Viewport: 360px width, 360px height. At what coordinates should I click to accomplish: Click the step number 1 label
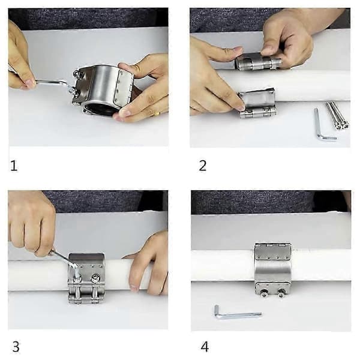(x=14, y=166)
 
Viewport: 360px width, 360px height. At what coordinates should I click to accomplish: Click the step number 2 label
(x=203, y=166)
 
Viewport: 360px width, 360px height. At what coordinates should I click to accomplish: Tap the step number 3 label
(x=16, y=347)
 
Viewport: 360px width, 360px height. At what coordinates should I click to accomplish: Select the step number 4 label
(x=205, y=347)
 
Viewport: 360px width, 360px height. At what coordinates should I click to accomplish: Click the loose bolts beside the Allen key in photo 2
(x=337, y=115)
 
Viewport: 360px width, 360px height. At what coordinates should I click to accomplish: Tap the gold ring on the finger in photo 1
(x=157, y=113)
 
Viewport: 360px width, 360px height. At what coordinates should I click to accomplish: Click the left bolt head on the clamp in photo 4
(x=264, y=292)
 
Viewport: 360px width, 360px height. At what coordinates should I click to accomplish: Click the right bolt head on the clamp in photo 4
(x=281, y=292)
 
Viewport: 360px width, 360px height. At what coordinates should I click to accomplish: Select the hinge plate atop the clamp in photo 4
(x=273, y=251)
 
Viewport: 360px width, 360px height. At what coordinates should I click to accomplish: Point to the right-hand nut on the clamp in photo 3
(x=95, y=278)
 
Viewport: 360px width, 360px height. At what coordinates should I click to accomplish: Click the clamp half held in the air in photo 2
(x=258, y=61)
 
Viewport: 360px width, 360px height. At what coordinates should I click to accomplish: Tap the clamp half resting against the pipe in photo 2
(x=257, y=103)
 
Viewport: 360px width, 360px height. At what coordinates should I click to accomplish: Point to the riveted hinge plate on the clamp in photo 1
(x=123, y=86)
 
